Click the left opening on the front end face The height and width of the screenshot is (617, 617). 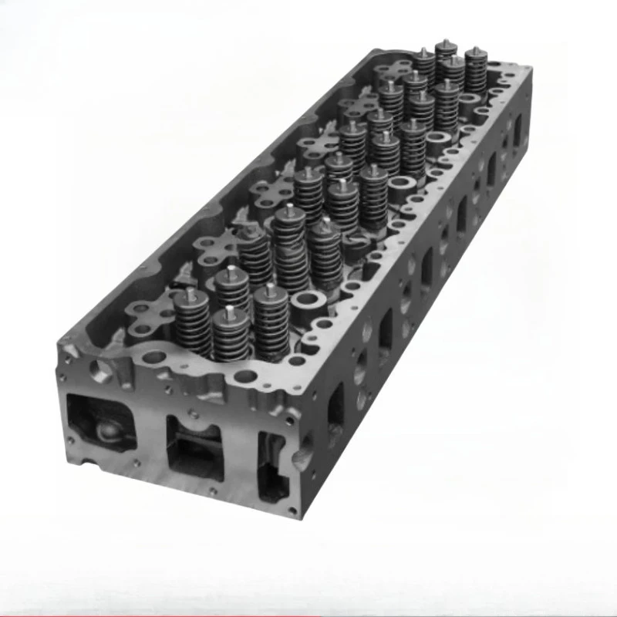point(100,424)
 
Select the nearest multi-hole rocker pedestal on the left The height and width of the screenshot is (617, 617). point(147,316)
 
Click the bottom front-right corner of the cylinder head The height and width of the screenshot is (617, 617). point(291,512)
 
